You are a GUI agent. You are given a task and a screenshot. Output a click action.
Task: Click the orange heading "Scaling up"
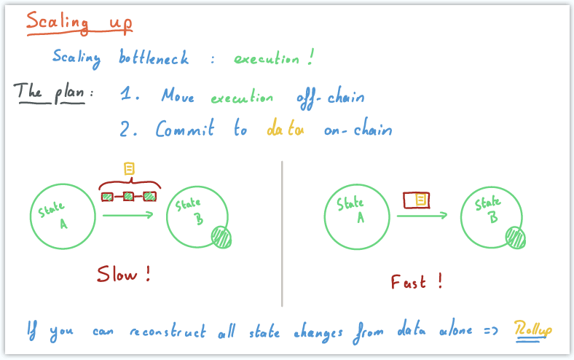point(79,22)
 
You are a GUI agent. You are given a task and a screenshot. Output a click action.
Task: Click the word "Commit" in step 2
point(185,129)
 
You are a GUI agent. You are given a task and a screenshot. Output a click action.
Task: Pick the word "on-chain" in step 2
point(358,130)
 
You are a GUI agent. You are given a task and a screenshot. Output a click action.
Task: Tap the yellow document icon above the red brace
point(130,169)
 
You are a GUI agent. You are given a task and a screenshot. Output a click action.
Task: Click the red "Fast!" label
point(417,281)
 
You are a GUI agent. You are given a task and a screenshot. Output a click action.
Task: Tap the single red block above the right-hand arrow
point(417,200)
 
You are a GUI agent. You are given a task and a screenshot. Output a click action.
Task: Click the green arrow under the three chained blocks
point(127,214)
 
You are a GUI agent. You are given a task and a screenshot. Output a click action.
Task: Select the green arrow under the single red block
point(422,216)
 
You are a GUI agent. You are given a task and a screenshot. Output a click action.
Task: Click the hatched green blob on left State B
point(221,238)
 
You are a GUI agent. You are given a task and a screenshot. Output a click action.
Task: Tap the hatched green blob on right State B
point(516,237)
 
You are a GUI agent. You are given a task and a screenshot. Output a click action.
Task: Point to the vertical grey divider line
point(282,233)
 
